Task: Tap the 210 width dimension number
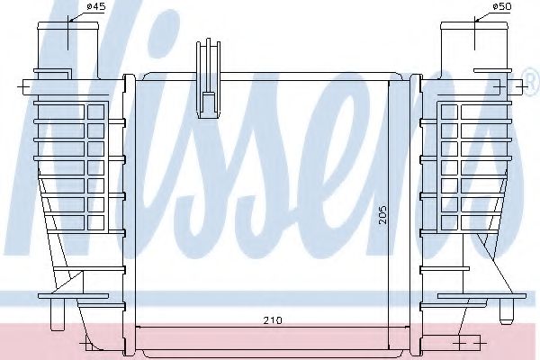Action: click(267, 319)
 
